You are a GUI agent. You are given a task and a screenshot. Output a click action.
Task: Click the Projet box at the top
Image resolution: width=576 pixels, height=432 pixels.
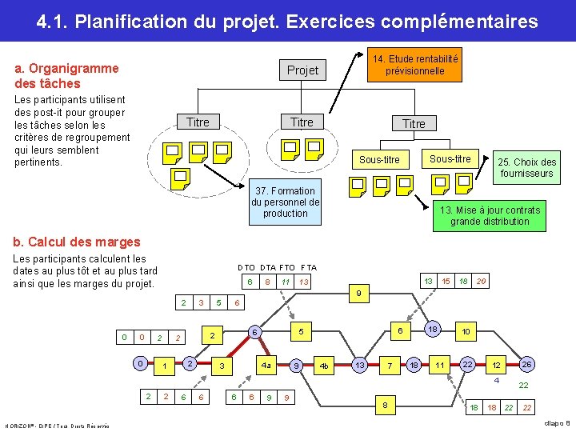(302, 70)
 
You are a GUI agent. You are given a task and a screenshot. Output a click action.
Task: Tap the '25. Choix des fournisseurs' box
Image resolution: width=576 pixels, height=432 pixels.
(526, 167)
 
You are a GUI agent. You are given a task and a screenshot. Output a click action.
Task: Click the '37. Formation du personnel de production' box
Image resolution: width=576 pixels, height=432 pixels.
(286, 202)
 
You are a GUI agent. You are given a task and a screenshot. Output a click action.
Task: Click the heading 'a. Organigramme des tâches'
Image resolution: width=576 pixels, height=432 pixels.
(66, 76)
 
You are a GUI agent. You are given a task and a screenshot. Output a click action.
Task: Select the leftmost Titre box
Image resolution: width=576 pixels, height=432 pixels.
(197, 122)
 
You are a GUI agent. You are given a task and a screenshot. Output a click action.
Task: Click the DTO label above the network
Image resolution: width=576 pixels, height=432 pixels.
(246, 267)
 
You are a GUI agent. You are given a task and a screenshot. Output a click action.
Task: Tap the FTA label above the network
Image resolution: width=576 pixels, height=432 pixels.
(309, 267)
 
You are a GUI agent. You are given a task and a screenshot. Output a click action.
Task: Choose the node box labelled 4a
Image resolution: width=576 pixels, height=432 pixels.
(266, 365)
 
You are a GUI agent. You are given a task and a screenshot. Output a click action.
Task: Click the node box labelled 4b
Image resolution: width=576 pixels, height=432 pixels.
(324, 365)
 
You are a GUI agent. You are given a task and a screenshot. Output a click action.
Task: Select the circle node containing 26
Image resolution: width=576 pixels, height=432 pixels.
(526, 364)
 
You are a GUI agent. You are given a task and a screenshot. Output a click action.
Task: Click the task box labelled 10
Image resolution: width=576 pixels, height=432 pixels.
(466, 331)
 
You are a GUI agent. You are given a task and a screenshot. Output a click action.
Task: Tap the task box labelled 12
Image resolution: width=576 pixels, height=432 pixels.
(496, 365)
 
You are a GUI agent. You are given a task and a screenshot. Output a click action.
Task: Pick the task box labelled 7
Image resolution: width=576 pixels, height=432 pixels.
(390, 365)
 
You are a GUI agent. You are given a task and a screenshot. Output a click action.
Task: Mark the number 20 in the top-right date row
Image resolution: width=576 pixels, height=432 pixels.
(481, 281)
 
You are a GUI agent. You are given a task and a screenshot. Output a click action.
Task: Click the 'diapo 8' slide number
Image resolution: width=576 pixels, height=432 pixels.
(558, 422)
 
